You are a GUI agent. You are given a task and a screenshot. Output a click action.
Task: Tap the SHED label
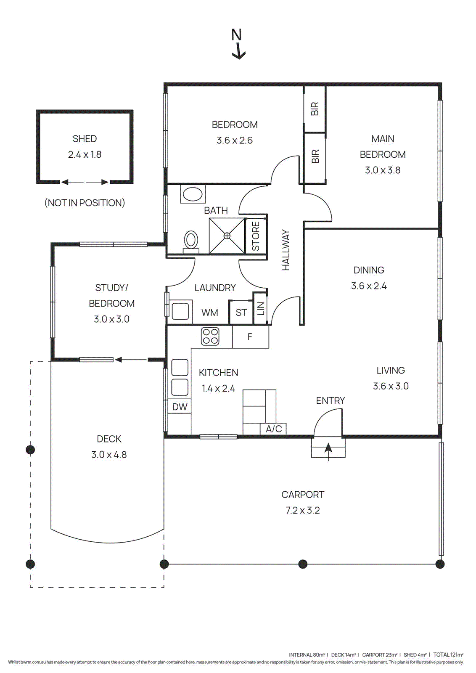tap(85, 139)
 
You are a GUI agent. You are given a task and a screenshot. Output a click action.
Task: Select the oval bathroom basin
tap(193, 194)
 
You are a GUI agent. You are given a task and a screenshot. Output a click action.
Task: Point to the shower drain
tap(227, 236)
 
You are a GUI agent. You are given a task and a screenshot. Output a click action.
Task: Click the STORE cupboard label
tap(256, 236)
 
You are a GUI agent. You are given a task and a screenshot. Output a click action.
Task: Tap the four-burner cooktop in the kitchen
tap(210, 336)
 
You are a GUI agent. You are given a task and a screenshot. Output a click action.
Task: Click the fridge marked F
tap(250, 337)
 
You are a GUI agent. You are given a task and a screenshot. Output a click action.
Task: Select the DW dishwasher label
tap(180, 407)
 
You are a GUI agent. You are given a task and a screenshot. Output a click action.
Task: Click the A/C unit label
tap(274, 429)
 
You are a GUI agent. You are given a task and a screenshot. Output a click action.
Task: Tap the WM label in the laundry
tap(210, 313)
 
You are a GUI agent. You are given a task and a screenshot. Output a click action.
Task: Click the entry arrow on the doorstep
tap(328, 452)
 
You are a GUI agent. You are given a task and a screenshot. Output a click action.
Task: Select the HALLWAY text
tap(286, 250)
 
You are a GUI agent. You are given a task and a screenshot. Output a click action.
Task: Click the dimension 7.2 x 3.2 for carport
tap(303, 511)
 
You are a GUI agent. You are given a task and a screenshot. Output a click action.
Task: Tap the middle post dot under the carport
tap(303, 564)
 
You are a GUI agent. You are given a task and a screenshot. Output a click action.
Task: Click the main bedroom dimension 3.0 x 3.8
tap(383, 170)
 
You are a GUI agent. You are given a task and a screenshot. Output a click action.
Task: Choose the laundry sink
tap(180, 311)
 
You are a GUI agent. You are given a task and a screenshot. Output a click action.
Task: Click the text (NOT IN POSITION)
tap(85, 203)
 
